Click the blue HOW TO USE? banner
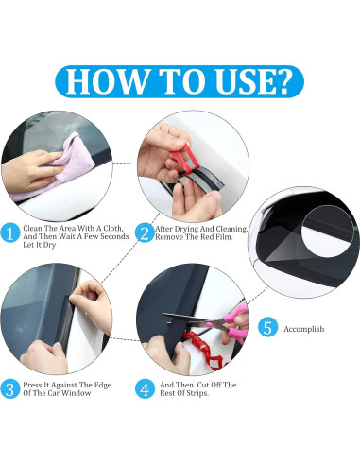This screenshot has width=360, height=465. click(180, 81)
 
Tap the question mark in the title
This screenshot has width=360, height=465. click(280, 81)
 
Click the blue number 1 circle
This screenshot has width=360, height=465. click(10, 233)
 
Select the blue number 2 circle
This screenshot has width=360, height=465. click(145, 233)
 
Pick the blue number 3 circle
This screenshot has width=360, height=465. click(10, 389)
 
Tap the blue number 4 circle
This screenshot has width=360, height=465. click(145, 389)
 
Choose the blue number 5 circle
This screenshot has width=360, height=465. click(267, 327)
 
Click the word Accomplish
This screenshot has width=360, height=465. click(304, 329)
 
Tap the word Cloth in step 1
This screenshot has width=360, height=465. click(112, 228)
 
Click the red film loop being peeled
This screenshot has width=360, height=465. click(186, 159)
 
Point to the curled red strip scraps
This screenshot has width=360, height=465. click(206, 350)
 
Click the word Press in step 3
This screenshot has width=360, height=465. click(32, 385)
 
